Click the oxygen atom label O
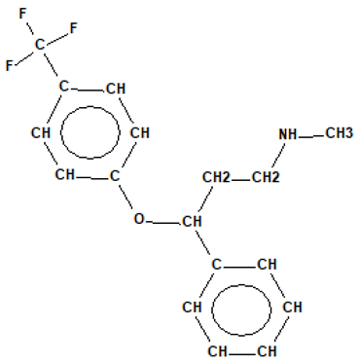(x=139, y=219)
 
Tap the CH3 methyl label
(x=337, y=133)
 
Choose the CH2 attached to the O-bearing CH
(x=217, y=178)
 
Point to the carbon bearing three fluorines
(x=41, y=44)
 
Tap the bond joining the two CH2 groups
(x=241, y=178)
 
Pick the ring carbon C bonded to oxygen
(x=114, y=176)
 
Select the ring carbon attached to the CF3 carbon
(x=64, y=88)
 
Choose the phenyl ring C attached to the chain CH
(x=215, y=264)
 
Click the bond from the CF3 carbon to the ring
(x=53, y=65)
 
